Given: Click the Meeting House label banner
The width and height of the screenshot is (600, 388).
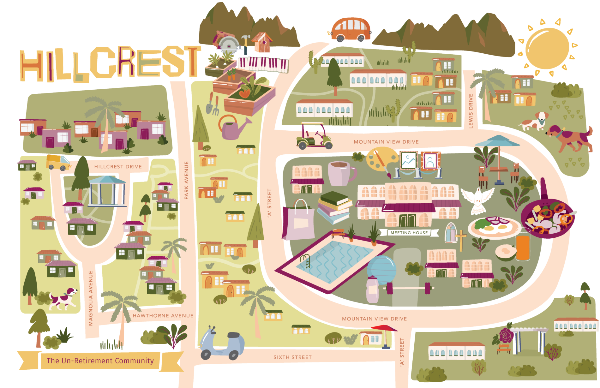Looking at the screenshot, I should click(x=409, y=233).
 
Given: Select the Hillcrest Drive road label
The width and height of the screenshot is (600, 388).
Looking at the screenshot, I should click(x=118, y=167).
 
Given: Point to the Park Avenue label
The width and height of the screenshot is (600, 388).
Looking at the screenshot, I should click(x=186, y=180).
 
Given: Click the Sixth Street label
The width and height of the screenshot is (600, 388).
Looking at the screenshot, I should click(x=292, y=357).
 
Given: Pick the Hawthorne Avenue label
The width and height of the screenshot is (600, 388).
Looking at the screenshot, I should click(x=163, y=316).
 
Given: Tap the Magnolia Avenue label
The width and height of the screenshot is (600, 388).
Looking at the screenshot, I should click(x=91, y=298).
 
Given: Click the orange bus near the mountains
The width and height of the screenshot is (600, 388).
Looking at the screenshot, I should click(x=351, y=30).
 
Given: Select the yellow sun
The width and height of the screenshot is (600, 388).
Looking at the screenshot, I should click(x=547, y=48).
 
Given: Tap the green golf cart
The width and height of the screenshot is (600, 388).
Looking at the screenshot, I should click(x=314, y=136).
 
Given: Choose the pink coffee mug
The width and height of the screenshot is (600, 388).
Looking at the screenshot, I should click(x=340, y=173).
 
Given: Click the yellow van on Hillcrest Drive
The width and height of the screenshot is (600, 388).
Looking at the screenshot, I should click(x=57, y=162).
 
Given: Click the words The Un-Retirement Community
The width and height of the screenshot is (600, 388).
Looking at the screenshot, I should click(x=100, y=361).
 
